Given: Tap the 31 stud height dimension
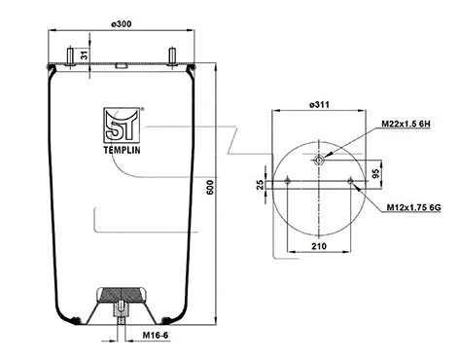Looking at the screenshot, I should [85, 55].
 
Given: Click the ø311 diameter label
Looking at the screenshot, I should [320, 104].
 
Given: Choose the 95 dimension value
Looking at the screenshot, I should [402, 175].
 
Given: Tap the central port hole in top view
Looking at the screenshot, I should [320, 160].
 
